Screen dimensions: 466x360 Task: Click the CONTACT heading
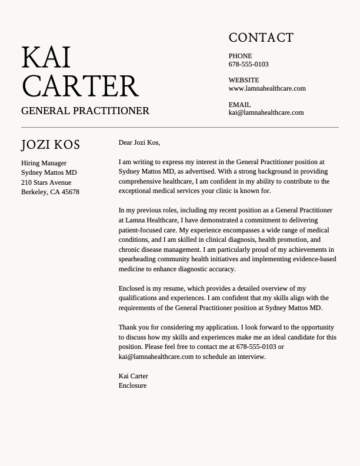(261, 38)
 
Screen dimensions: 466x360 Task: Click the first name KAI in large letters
(46, 58)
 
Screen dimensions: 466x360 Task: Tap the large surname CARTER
(80, 86)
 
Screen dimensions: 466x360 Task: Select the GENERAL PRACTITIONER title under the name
(85, 111)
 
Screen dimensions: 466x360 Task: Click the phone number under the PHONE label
(248, 64)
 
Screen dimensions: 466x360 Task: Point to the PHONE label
(240, 56)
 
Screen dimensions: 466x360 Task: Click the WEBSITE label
(244, 80)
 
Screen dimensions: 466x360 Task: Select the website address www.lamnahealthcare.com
(267, 88)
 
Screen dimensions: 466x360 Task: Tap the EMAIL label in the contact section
(239, 105)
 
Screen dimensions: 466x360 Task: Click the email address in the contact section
(266, 112)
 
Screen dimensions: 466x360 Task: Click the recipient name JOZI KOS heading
(51, 145)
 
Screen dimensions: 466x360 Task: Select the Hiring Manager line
(44, 163)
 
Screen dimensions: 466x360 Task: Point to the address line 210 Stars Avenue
(46, 182)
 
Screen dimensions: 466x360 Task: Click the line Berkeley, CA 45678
(50, 192)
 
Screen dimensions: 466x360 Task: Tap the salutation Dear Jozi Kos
(139, 142)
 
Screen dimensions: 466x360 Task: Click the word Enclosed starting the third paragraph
(131, 288)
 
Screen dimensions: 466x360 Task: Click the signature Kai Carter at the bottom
(133, 376)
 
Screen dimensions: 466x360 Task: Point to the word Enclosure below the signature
(132, 385)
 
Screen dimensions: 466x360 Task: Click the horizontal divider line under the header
(180, 127)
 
